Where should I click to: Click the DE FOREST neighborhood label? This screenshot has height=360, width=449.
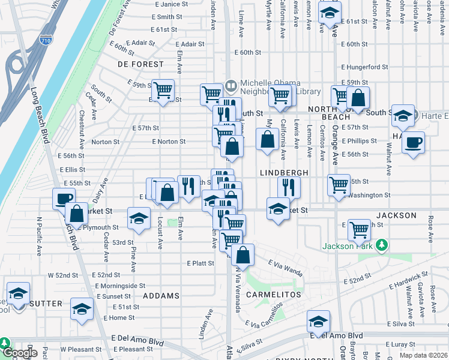point(140,64)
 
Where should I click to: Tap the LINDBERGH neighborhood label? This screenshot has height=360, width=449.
point(284,173)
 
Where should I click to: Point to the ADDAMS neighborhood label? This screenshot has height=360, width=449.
point(161,296)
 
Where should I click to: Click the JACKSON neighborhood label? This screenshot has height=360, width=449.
point(396,215)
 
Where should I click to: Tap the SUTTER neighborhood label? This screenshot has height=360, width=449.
point(46,304)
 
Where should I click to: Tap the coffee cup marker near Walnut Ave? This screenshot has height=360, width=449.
point(412,143)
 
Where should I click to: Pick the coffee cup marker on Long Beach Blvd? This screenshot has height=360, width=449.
point(63,199)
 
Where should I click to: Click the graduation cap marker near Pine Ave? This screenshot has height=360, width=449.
point(138,219)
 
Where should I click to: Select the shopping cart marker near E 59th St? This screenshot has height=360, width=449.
point(163,91)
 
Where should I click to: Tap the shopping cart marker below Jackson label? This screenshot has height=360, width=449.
point(359,229)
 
